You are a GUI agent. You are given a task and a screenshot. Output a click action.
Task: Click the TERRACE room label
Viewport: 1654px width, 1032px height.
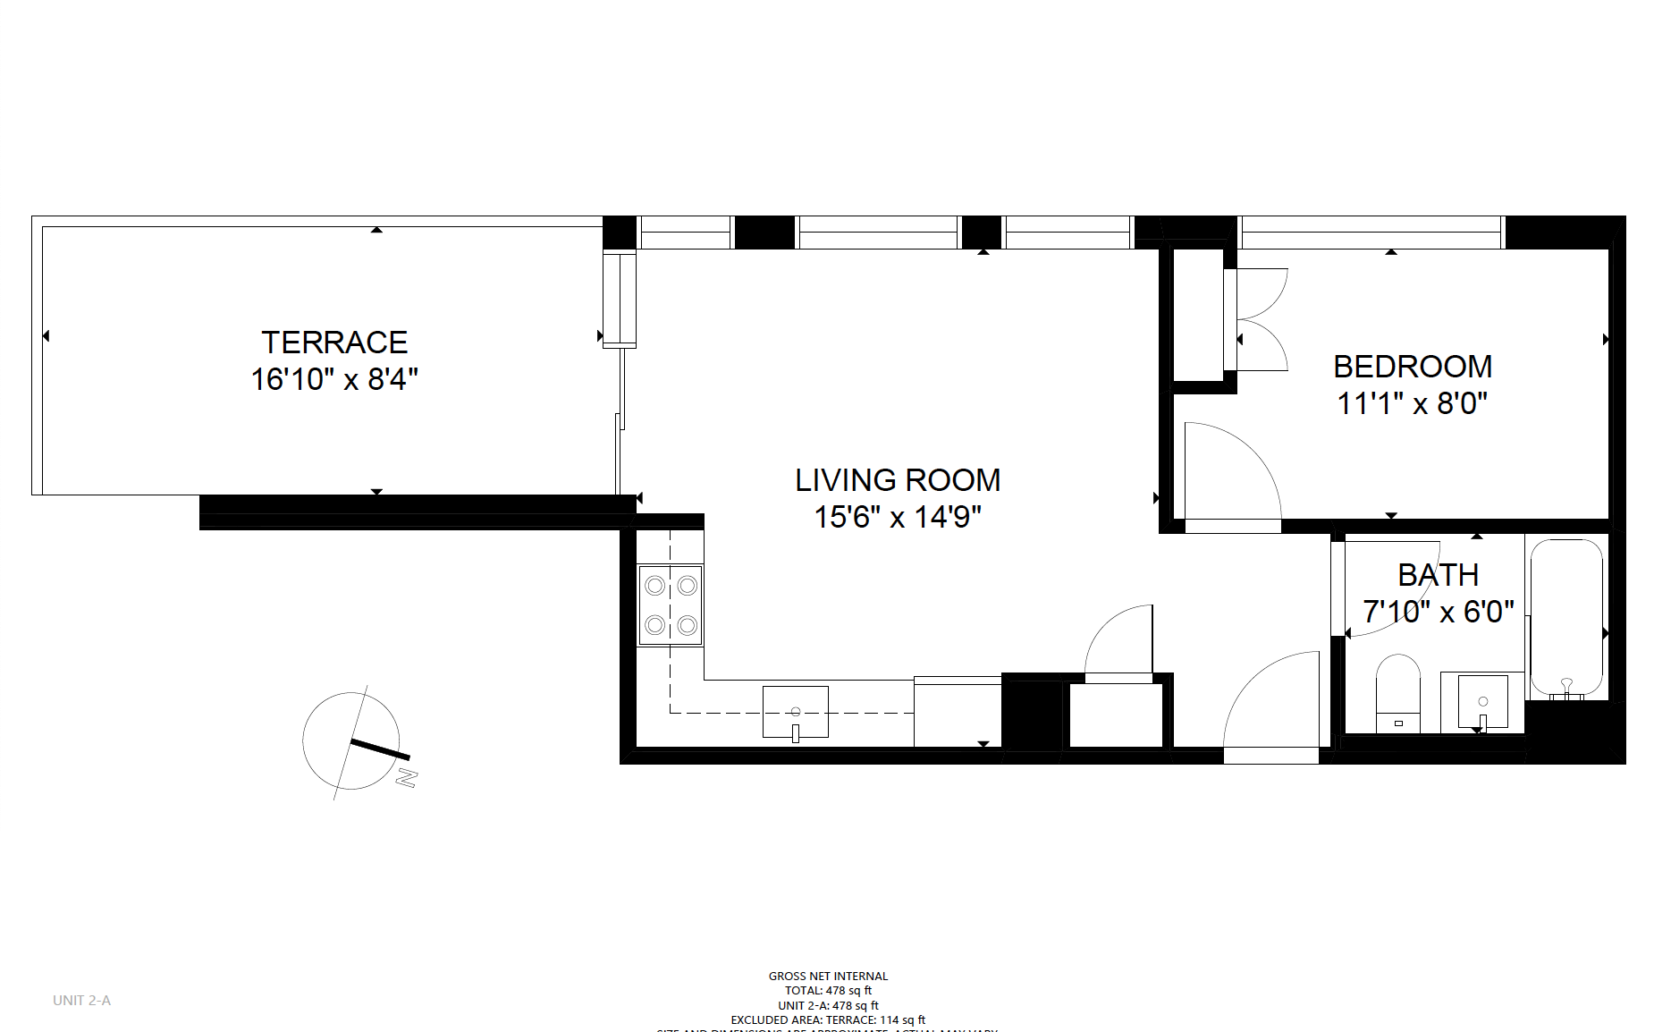[x=334, y=343]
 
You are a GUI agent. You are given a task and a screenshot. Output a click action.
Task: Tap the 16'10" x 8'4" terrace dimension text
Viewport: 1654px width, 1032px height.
[x=334, y=379]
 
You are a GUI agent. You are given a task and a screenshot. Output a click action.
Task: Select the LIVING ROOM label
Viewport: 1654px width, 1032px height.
[x=898, y=480]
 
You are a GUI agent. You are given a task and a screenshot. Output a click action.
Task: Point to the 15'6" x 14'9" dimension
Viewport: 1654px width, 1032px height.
[x=898, y=517]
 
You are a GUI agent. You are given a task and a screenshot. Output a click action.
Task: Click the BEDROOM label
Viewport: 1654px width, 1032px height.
[x=1413, y=367]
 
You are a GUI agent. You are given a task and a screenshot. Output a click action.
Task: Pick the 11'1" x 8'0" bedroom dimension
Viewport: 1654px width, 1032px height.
[x=1413, y=403]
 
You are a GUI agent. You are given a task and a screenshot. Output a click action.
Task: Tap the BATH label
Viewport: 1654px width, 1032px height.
[x=1438, y=575]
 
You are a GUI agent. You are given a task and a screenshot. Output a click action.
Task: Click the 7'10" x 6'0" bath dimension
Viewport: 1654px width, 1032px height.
[x=1438, y=612]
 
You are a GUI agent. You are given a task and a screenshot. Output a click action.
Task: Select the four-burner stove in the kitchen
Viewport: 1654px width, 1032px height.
[x=671, y=605]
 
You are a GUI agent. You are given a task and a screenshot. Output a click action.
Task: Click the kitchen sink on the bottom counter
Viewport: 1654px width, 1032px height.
[x=795, y=712]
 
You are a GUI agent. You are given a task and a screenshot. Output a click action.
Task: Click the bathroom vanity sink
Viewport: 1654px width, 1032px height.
[x=1482, y=703]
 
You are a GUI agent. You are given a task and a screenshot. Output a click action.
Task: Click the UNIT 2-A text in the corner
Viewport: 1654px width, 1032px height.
[x=81, y=1000]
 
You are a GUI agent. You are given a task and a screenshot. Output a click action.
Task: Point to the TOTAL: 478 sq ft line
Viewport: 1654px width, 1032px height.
[x=828, y=990]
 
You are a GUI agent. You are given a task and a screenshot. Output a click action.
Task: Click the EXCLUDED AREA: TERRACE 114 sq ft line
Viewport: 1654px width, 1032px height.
[x=828, y=1019]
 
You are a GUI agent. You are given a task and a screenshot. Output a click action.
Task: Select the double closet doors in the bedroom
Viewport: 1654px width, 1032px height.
[x=1261, y=319]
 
